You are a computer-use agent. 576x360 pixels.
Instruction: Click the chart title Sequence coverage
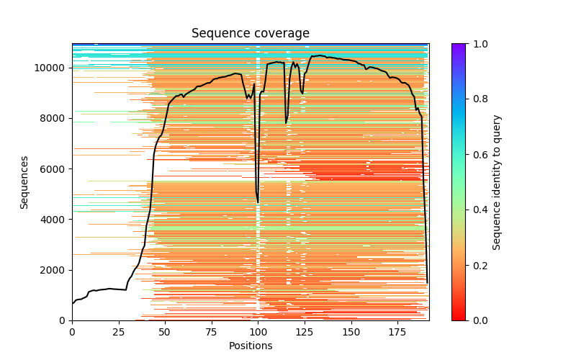pyautogui.click(x=250, y=33)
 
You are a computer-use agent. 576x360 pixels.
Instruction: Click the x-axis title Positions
pyautogui.click(x=250, y=346)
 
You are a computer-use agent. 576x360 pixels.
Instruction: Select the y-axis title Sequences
pyautogui.click(x=24, y=182)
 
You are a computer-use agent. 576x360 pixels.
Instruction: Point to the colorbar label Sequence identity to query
pyautogui.click(x=497, y=182)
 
